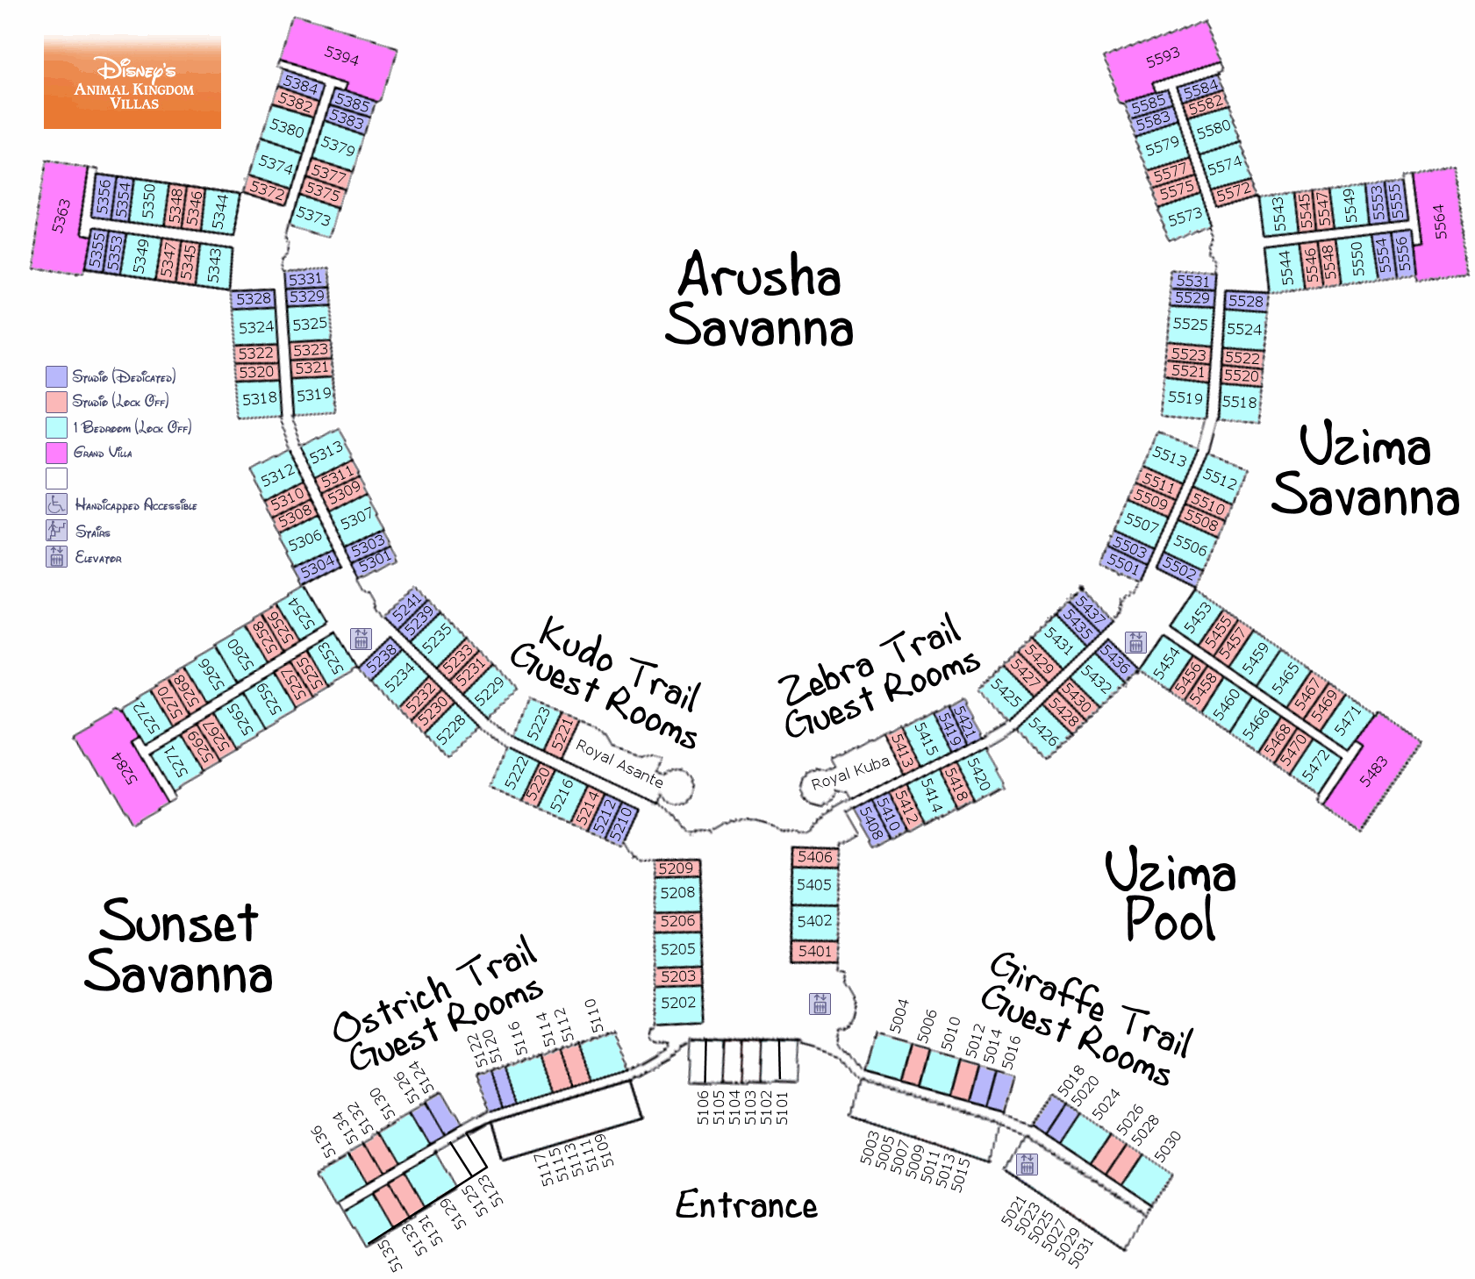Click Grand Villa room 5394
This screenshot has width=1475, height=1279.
[341, 57]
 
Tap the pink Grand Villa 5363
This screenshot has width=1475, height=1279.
[60, 216]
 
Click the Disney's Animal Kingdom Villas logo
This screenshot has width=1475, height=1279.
[132, 82]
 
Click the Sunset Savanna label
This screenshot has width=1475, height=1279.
[179, 947]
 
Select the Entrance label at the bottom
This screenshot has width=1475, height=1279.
[746, 1205]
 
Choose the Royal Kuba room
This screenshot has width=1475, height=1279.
[849, 773]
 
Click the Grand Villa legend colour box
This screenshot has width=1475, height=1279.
[56, 453]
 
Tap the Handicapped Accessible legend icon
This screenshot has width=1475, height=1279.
[56, 504]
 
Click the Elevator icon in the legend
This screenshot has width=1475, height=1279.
[56, 557]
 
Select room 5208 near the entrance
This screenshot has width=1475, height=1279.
[677, 893]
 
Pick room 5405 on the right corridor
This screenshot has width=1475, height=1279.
[814, 885]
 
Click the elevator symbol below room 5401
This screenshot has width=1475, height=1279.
[820, 1004]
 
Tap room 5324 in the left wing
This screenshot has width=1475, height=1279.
[256, 327]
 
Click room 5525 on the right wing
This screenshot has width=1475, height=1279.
[1191, 324]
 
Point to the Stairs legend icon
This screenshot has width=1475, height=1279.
[56, 531]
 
